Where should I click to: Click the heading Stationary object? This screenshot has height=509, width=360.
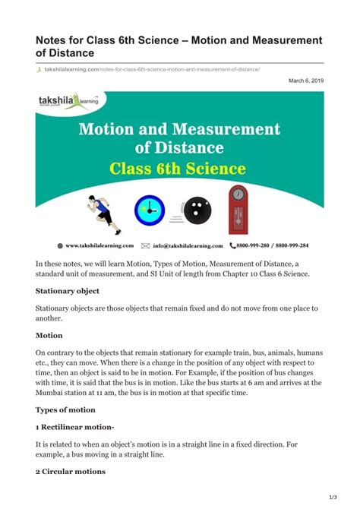coord(68,290)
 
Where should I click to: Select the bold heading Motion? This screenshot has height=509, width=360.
coord(49,335)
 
